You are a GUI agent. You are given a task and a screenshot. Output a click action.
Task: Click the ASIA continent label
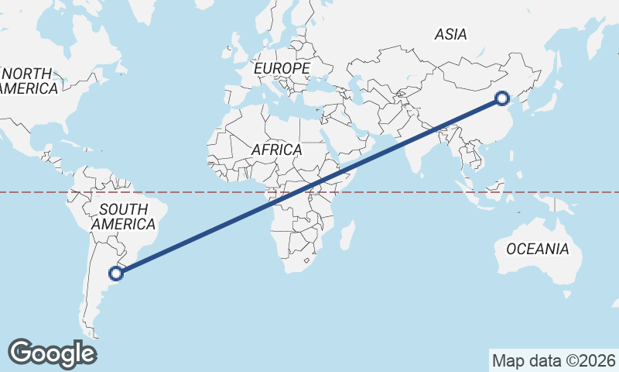pos(450,34)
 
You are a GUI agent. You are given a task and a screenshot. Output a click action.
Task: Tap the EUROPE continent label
pos(282,69)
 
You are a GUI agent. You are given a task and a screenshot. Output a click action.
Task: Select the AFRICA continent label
pos(276,150)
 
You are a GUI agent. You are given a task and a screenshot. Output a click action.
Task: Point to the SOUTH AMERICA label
pos(124,216)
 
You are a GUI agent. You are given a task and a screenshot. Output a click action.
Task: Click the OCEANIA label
pos(537,250)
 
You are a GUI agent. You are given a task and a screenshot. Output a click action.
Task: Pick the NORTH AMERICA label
pos(28,81)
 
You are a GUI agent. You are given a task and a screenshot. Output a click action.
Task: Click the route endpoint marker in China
pos(502,98)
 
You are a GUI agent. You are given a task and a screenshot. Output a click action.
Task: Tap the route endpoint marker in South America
pos(116,273)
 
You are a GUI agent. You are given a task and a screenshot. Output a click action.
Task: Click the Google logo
pos(52,353)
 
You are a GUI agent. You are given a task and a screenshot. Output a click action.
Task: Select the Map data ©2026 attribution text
pos(554,360)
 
